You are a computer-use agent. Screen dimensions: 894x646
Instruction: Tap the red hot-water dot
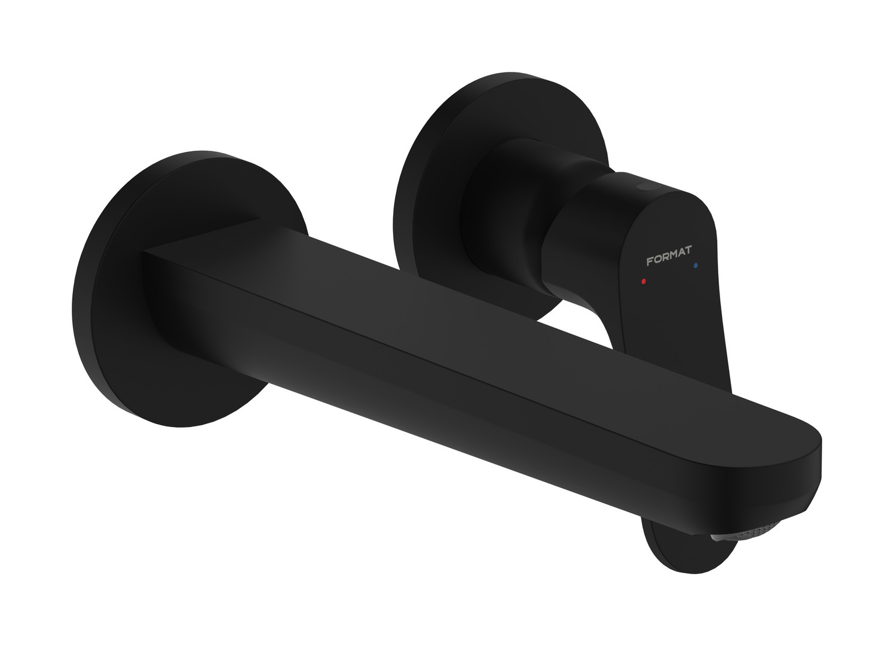point(643,281)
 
